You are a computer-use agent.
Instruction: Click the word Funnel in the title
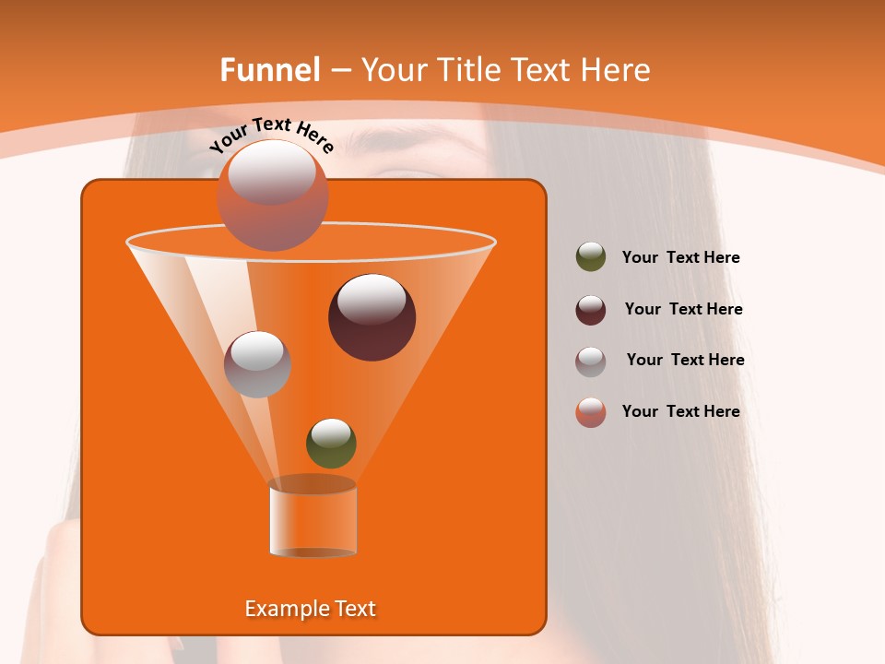click(269, 70)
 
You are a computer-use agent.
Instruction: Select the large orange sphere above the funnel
click(273, 196)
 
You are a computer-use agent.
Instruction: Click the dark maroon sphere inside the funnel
click(372, 317)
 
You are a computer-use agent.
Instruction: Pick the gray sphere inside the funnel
click(257, 364)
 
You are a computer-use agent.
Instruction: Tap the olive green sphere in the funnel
click(331, 443)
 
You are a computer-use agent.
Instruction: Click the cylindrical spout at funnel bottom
click(313, 518)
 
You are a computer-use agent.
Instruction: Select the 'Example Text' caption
click(310, 609)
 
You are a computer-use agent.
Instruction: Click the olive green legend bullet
click(591, 257)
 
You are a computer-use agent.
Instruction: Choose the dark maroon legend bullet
click(591, 310)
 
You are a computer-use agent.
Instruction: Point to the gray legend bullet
click(591, 361)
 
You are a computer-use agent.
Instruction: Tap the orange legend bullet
click(591, 412)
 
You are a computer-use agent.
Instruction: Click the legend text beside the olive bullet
click(680, 258)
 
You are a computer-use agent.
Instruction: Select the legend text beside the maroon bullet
click(683, 310)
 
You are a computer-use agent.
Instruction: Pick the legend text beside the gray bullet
click(685, 361)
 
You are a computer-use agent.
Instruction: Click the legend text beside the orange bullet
click(680, 412)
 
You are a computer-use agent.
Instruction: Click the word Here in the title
click(617, 70)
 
